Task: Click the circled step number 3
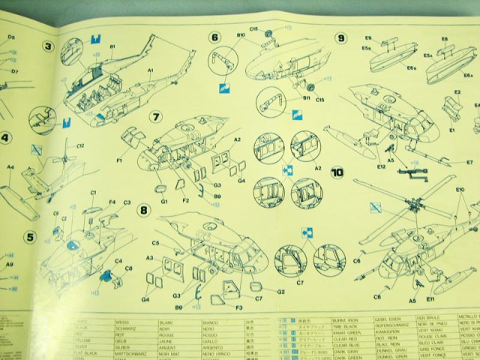click(x=49, y=49)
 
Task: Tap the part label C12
click(x=79, y=145)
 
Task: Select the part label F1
click(x=119, y=159)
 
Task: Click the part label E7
click(x=469, y=161)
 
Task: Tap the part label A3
click(x=150, y=258)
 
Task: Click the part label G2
click(x=280, y=291)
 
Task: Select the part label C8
click(x=129, y=268)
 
